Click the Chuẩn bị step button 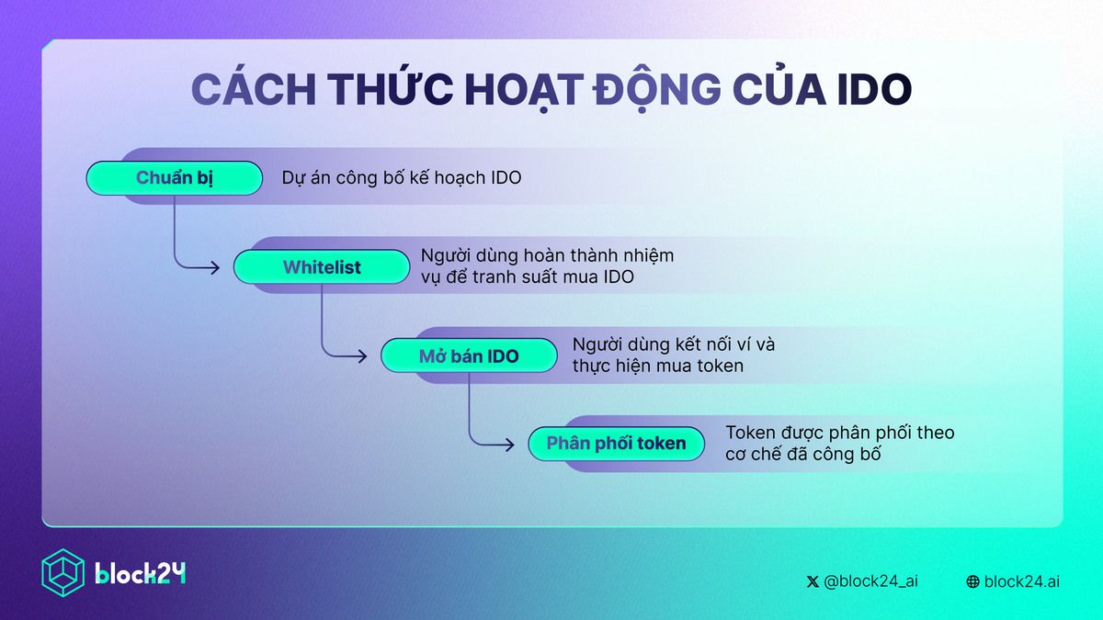(x=174, y=178)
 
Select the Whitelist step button (x=321, y=267)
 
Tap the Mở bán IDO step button (x=469, y=355)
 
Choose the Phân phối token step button (x=616, y=444)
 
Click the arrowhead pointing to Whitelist (x=214, y=267)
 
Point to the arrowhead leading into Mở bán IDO (x=361, y=355)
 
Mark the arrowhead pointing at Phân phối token (x=508, y=444)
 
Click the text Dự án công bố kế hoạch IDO (x=402, y=178)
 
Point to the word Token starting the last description (x=749, y=433)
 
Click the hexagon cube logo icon (x=63, y=571)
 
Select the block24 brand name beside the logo (x=141, y=573)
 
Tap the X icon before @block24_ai (x=813, y=581)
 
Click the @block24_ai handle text (x=870, y=581)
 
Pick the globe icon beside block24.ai (x=972, y=581)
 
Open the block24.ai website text (x=1021, y=581)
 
